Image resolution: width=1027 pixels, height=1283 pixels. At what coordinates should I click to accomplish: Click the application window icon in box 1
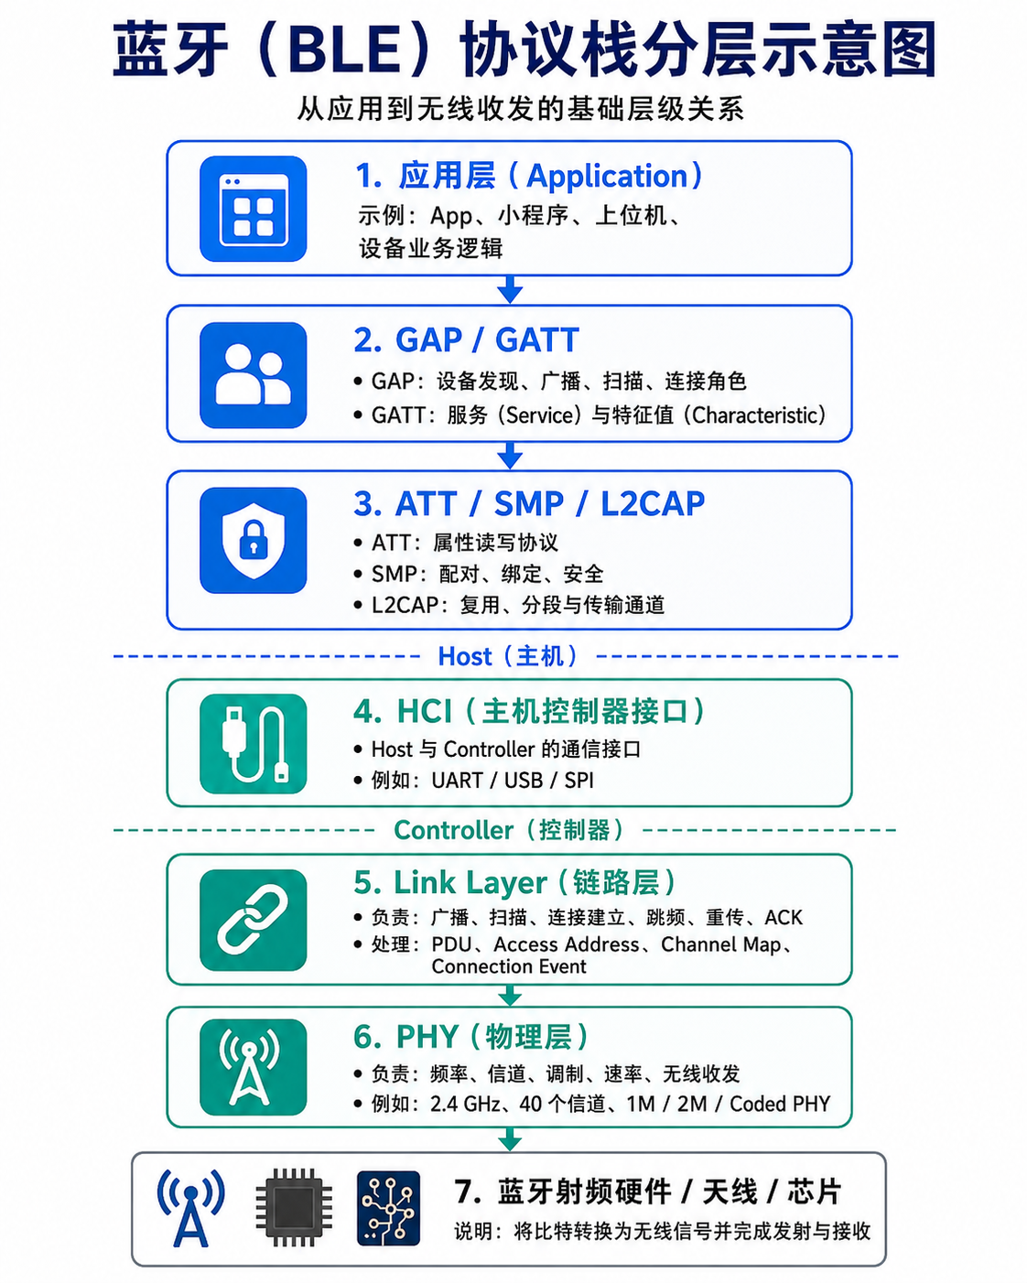click(254, 209)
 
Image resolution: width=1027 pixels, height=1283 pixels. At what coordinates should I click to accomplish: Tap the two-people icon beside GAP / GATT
click(254, 375)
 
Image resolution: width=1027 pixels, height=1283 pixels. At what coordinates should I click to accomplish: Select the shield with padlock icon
click(254, 540)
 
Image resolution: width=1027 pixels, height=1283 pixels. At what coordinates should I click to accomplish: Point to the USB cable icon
click(254, 743)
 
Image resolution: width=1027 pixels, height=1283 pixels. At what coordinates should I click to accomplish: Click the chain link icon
click(254, 920)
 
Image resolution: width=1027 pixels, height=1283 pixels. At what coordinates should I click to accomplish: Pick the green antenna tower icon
click(254, 1067)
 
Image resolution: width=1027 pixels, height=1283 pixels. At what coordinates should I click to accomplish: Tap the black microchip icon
click(294, 1207)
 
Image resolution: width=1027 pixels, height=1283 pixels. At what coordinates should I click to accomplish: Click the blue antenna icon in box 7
click(191, 1207)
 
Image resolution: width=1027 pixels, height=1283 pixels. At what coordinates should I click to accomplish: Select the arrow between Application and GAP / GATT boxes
click(510, 290)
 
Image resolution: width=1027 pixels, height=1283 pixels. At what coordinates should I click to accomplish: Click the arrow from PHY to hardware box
click(510, 1139)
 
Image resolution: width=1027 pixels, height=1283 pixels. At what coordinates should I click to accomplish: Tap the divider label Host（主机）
click(508, 656)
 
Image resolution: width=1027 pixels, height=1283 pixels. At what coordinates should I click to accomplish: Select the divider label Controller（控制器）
click(509, 830)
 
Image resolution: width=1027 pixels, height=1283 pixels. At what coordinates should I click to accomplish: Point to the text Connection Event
click(509, 966)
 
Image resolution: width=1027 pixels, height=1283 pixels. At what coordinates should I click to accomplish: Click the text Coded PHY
click(780, 1105)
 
